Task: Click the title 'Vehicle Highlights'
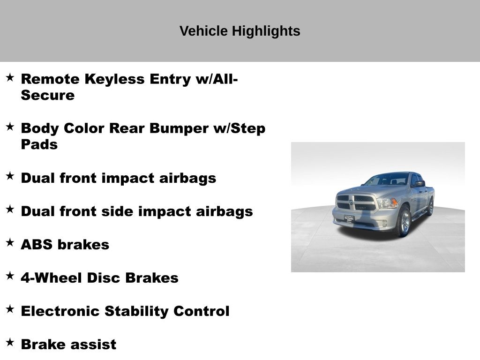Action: [x=240, y=31]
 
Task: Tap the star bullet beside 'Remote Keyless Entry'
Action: [x=10, y=77]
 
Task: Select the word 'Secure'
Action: [x=48, y=95]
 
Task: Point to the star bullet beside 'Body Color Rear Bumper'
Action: [x=10, y=127]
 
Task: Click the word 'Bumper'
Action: [x=179, y=128]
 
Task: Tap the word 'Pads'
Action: [x=39, y=144]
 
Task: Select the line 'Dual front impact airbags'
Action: [x=119, y=178]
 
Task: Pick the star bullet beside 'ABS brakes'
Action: [x=10, y=242]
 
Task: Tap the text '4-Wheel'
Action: [x=52, y=278]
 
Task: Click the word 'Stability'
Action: [x=136, y=311]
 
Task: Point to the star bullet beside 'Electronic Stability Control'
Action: [x=10, y=309]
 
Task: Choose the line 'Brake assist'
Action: [x=68, y=345]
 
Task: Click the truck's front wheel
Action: [x=404, y=221]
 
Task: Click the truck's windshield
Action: [x=387, y=180]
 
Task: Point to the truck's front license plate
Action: [x=349, y=218]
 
